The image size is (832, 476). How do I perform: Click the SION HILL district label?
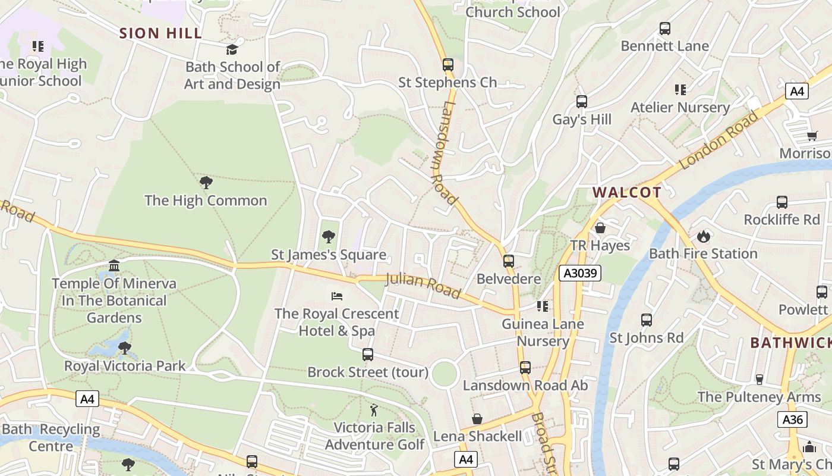161,33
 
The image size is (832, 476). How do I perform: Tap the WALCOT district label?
627,192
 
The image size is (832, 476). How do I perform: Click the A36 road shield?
792,419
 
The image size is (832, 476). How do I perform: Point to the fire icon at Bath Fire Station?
704,236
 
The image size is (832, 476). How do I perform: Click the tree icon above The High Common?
206,183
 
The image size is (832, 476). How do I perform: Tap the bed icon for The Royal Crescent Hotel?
336,296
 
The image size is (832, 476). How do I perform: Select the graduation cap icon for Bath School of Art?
232,49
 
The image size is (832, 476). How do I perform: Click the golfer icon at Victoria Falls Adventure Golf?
374,410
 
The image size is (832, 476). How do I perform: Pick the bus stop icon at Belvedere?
509,261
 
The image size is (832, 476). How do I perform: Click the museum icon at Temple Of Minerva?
114,265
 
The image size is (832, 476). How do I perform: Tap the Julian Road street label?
423,286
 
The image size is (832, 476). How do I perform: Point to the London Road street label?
719,140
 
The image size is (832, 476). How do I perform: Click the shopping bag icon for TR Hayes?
600,228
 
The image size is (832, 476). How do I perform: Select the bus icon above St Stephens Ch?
448,64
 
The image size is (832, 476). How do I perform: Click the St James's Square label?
329,255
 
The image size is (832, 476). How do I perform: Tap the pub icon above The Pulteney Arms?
759,379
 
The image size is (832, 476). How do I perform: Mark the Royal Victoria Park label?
125,365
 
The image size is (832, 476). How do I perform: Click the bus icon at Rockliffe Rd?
782,202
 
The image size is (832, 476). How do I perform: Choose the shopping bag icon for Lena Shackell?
477,419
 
